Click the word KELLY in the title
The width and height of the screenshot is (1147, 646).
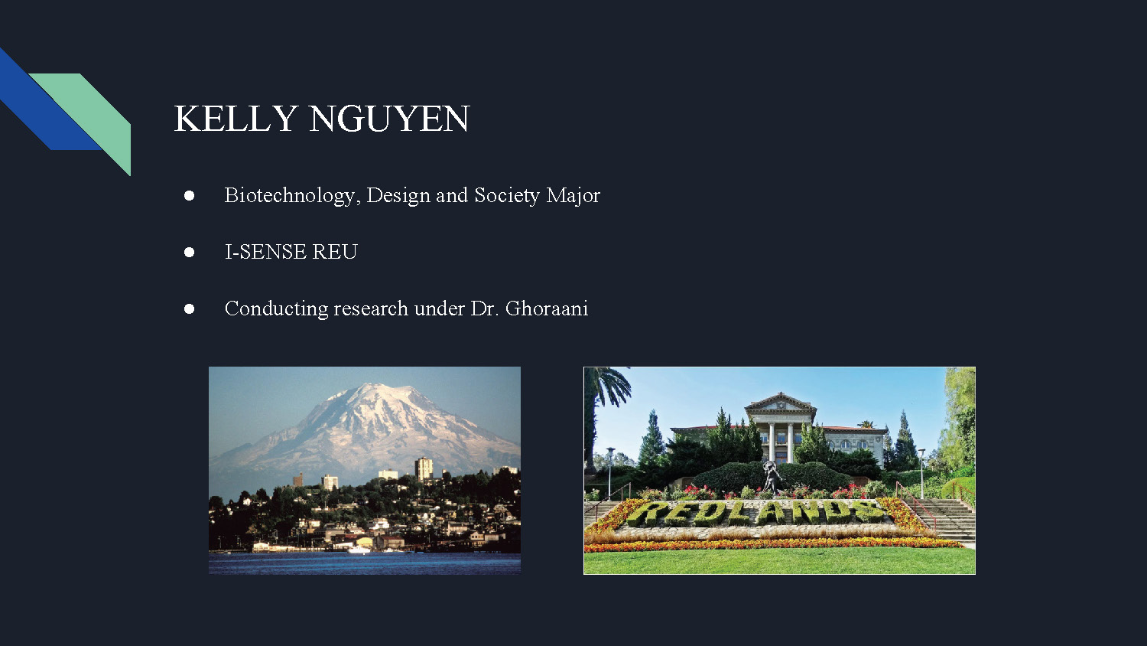[x=236, y=119]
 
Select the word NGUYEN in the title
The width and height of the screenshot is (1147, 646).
[x=389, y=119]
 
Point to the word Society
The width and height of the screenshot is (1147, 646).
[x=507, y=196]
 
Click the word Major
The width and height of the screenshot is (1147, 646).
[x=573, y=196]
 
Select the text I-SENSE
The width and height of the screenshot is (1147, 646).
[x=266, y=252]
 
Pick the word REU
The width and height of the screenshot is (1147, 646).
[x=335, y=252]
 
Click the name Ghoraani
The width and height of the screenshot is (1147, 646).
[x=547, y=308]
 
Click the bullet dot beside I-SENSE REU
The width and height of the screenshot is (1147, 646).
[x=189, y=253]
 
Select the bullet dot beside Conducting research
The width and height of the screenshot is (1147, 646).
[x=189, y=308]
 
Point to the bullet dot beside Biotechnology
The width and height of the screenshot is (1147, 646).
[x=189, y=195]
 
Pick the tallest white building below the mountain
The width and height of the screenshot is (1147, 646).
[x=424, y=468]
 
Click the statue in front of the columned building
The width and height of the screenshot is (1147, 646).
[x=771, y=477]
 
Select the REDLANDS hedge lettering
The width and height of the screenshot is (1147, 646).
[x=758, y=513]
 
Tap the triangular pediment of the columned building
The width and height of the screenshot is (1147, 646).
[x=781, y=402]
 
